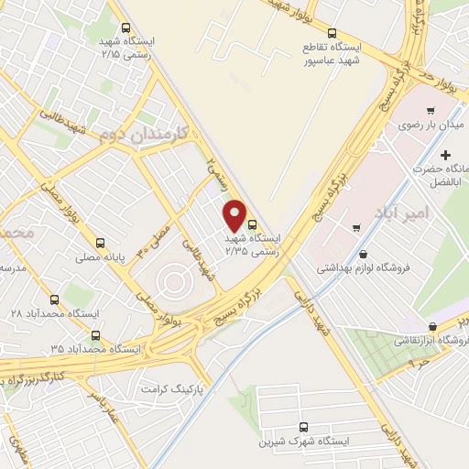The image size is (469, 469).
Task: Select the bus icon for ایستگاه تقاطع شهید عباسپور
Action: pyautogui.click(x=330, y=31)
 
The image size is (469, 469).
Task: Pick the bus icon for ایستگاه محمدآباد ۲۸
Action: pyautogui.click(x=56, y=300)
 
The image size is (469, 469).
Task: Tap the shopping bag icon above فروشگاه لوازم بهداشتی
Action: pyautogui.click(x=365, y=254)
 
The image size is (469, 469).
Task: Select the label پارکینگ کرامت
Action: pyautogui.click(x=170, y=389)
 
